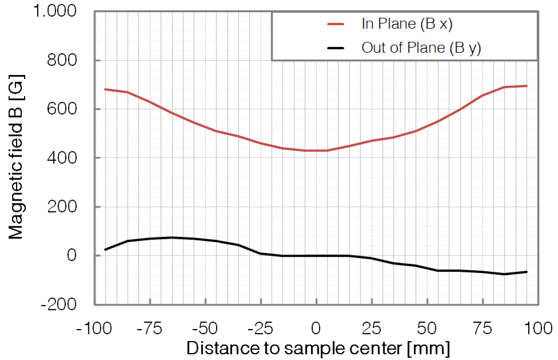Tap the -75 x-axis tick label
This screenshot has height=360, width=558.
(150, 329)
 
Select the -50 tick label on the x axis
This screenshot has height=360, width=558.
(205, 329)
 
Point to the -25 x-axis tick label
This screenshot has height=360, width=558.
(260, 329)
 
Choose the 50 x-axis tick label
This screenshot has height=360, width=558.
(426, 329)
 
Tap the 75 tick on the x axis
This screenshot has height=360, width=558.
(481, 329)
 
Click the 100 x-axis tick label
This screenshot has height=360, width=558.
(536, 329)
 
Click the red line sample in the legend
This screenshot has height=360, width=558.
(335, 24)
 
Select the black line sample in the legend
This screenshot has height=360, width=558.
(335, 48)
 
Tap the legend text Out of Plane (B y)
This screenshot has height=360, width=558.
(421, 48)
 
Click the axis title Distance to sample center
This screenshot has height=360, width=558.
(319, 348)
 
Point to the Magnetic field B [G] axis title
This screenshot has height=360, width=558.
(15, 158)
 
